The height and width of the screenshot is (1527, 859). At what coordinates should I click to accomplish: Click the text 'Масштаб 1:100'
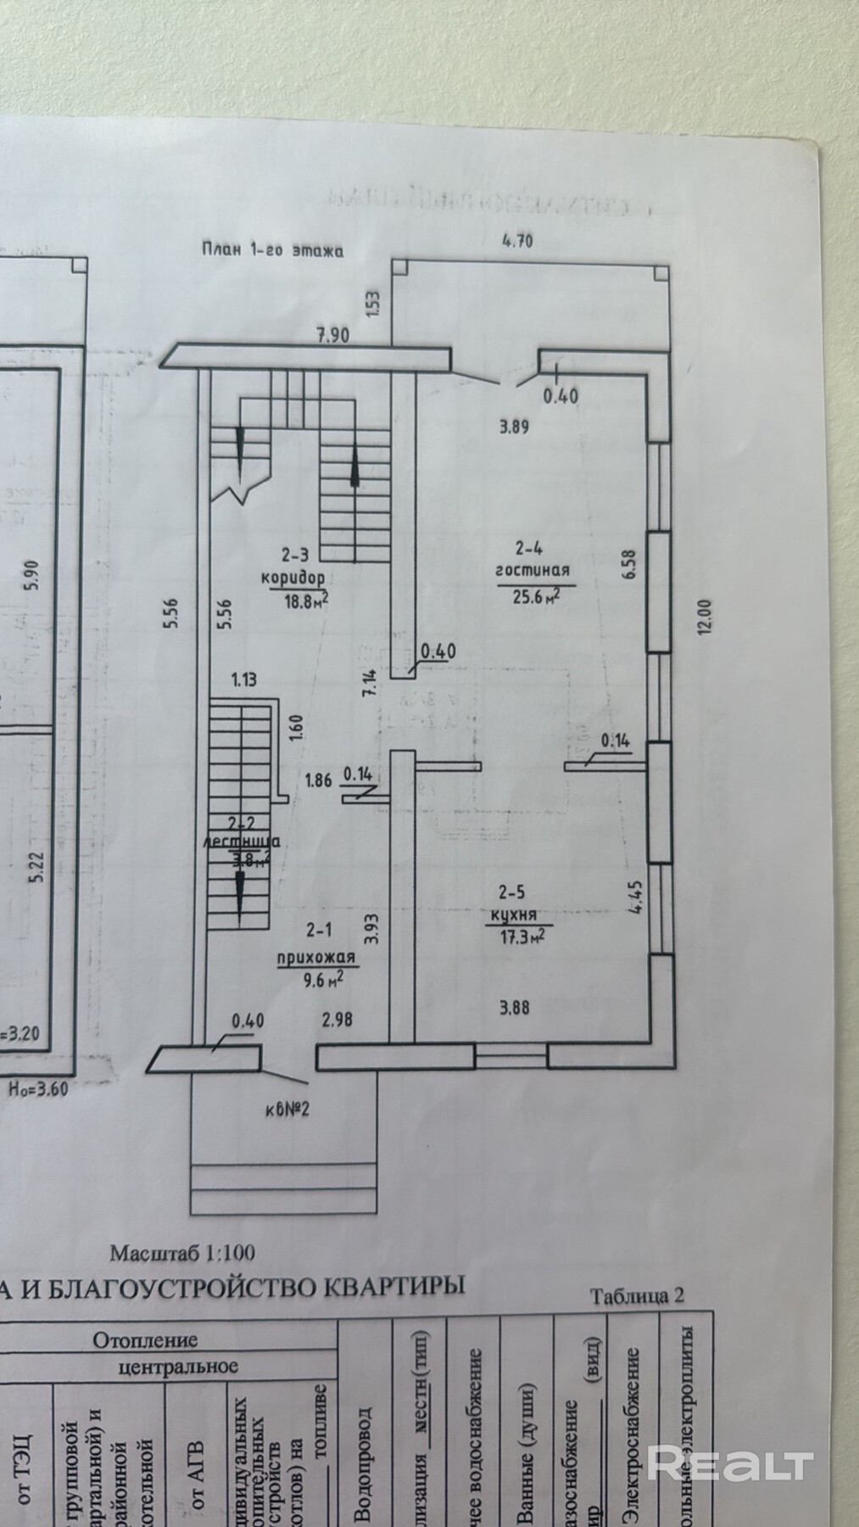tap(181, 1251)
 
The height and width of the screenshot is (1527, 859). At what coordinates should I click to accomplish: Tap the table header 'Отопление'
tap(145, 1340)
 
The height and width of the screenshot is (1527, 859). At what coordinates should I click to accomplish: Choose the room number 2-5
tap(513, 892)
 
